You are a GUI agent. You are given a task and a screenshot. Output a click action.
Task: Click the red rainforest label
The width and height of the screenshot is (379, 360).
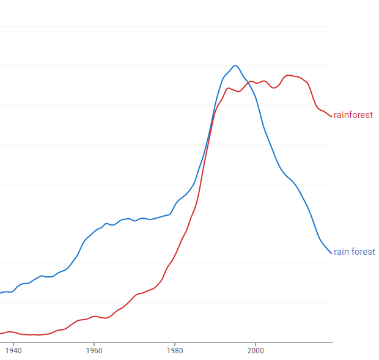click(x=353, y=115)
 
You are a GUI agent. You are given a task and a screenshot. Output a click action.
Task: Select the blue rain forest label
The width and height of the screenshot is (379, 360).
click(x=354, y=252)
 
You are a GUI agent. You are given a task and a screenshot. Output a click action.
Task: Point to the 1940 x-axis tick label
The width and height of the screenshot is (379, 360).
click(x=13, y=351)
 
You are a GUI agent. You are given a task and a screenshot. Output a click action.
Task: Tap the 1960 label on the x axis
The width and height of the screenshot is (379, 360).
click(x=94, y=351)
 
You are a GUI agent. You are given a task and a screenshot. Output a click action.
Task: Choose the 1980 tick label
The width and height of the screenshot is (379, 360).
click(x=175, y=351)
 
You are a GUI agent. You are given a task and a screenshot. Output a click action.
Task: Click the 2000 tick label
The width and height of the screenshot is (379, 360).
click(x=256, y=351)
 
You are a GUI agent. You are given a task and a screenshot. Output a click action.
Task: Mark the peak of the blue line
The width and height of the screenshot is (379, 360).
click(x=235, y=65)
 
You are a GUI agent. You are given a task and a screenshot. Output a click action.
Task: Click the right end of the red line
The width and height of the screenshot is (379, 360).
click(x=332, y=117)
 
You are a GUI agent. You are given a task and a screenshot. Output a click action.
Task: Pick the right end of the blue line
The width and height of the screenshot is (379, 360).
click(x=332, y=253)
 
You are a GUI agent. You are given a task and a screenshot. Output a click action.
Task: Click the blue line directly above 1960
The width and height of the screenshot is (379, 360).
click(x=94, y=231)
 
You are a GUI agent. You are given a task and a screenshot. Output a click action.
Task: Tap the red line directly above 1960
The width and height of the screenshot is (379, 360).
click(x=94, y=316)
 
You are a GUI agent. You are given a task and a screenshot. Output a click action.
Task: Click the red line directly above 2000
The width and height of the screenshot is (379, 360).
click(x=256, y=83)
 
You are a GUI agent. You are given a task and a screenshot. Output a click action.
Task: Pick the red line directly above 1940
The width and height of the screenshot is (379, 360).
click(x=13, y=332)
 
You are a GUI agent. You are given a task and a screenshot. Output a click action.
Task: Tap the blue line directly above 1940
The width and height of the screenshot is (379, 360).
click(x=13, y=290)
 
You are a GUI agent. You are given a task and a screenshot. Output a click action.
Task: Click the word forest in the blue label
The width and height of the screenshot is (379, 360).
click(x=363, y=252)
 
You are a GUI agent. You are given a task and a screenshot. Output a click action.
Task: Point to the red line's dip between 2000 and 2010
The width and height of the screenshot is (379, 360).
click(x=274, y=88)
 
